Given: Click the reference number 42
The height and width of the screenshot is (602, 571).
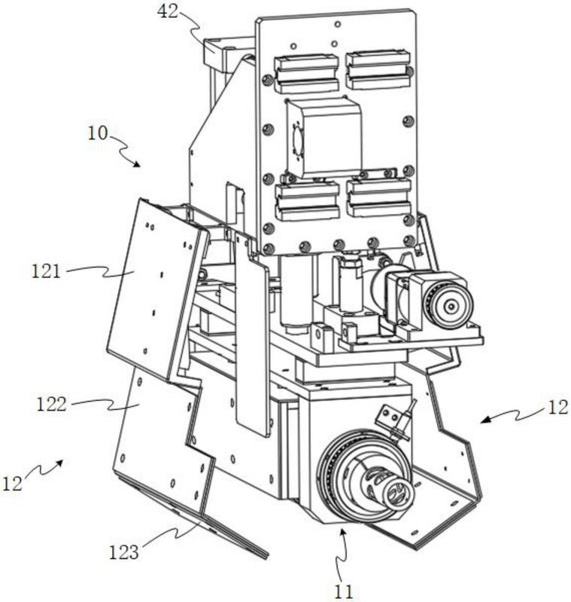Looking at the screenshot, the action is point(169,11).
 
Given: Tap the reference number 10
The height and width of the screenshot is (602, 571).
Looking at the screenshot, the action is point(98,133).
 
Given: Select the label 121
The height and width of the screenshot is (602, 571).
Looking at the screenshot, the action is point(46,272).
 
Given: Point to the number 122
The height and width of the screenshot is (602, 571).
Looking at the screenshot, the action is point(52,405).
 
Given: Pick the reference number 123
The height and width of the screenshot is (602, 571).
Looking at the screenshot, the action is point(124,553).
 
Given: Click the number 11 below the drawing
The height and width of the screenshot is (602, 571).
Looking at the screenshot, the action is point(343,591).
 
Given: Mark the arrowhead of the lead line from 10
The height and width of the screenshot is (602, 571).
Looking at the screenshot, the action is point(136,163).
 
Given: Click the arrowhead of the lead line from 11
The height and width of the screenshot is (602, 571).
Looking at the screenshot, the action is point(343,532).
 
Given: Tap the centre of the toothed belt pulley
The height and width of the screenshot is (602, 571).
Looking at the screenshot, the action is point(452,306).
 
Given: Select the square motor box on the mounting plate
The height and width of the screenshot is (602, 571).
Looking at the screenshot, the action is point(323,137).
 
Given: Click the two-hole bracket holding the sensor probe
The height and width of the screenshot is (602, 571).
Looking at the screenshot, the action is point(390,417).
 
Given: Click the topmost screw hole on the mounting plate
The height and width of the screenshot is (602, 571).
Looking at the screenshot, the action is point(337,25).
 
